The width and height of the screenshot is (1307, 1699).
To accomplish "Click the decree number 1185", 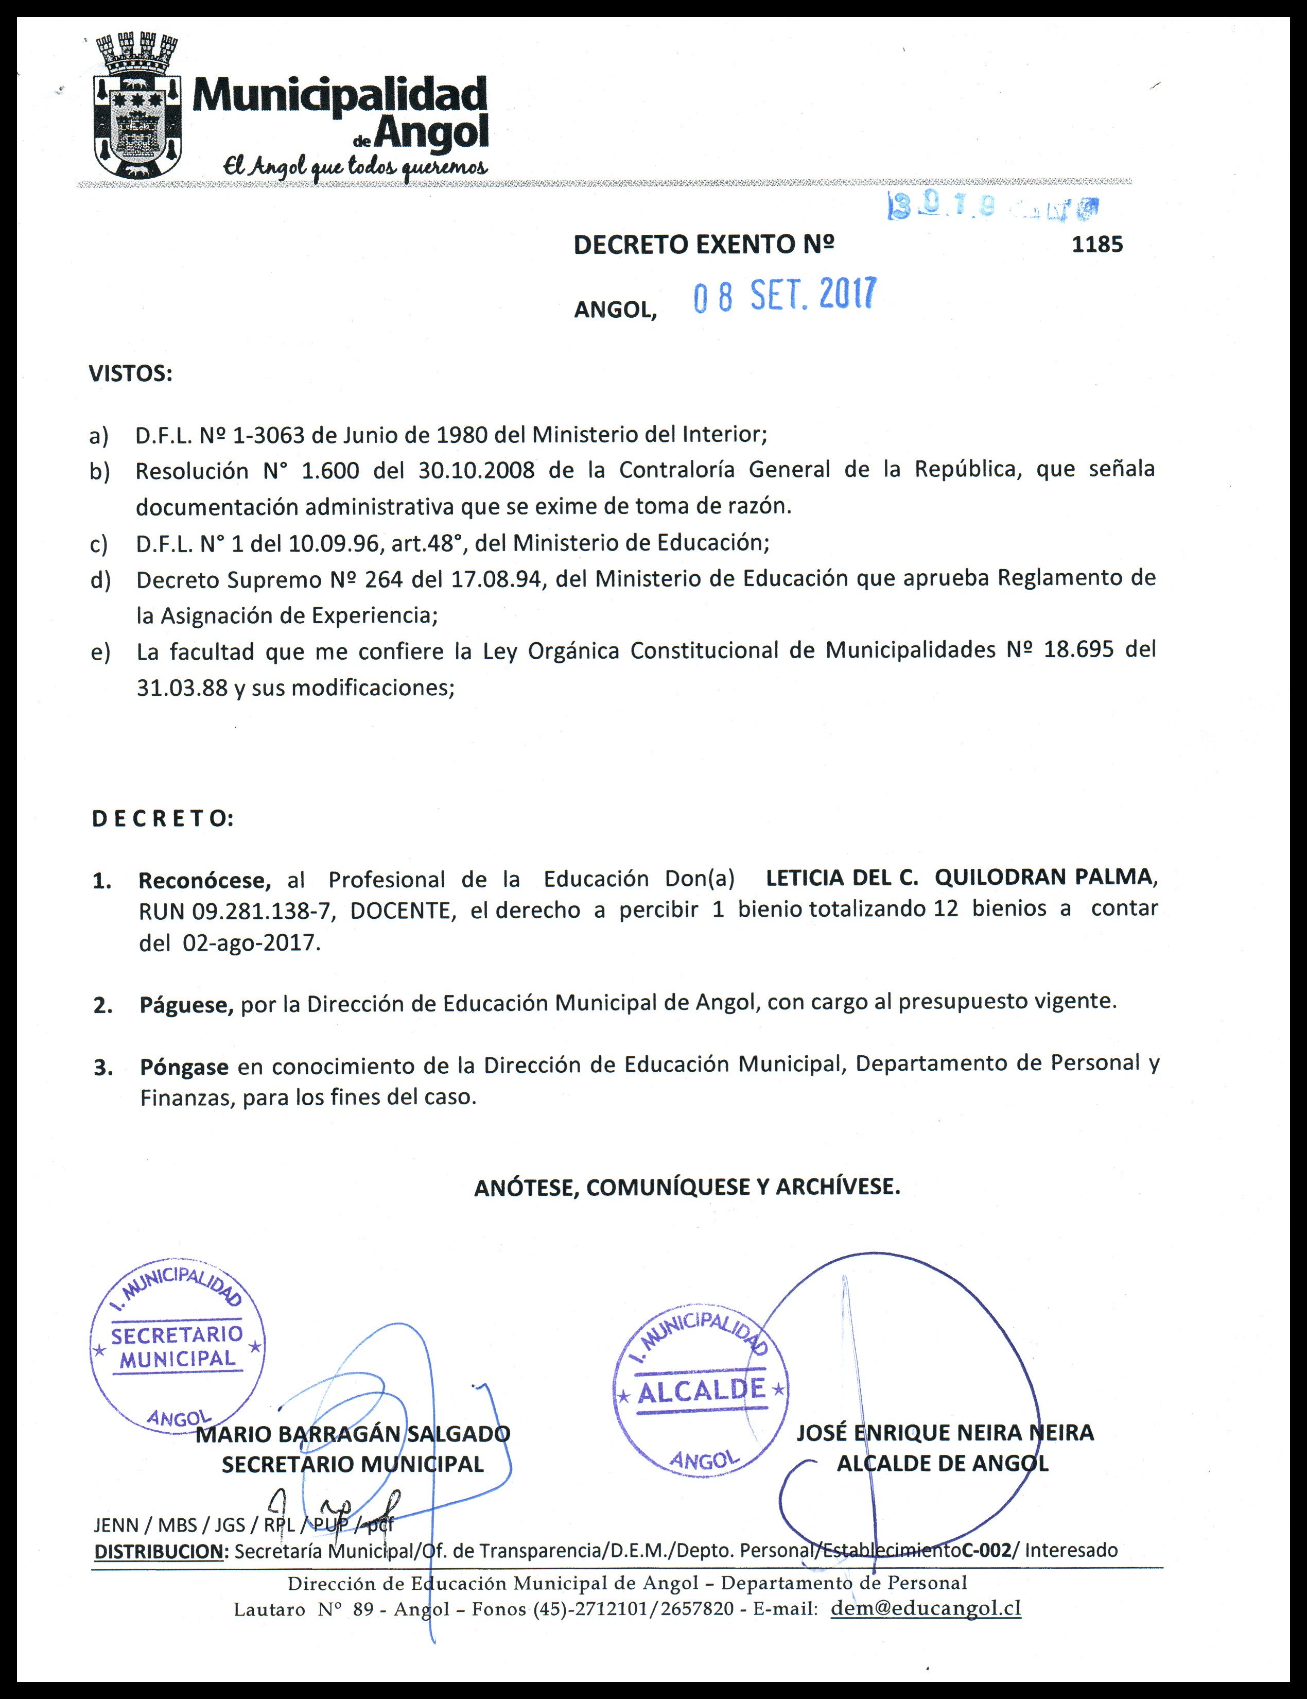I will click(1097, 245).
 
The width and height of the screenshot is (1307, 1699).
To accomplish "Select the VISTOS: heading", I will click(131, 374).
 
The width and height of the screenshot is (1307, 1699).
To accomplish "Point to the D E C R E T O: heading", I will click(163, 819).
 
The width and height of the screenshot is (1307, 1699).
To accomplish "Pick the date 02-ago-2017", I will click(251, 943).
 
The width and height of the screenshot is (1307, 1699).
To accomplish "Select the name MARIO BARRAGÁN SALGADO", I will click(353, 1434).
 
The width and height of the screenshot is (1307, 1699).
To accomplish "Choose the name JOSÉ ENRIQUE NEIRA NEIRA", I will click(945, 1433).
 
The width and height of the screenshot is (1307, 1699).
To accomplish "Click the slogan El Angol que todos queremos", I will click(355, 166).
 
